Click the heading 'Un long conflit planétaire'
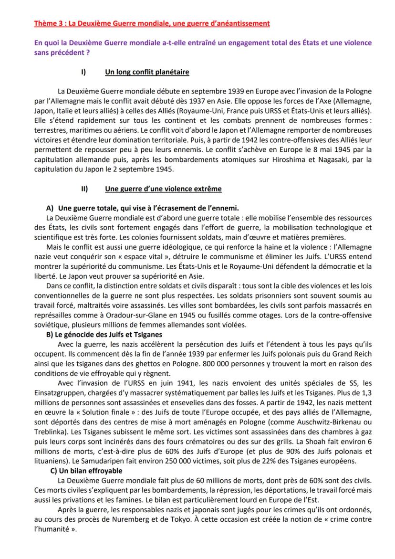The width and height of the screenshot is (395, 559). pos(147,72)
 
